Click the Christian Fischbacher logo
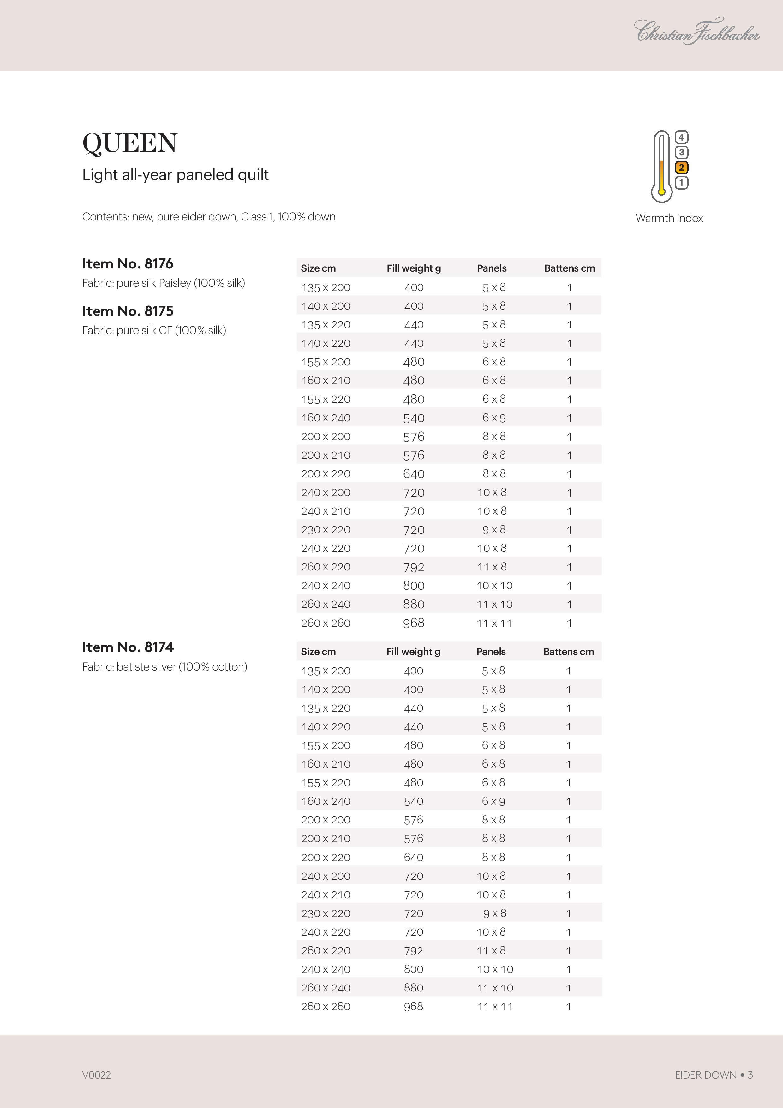point(696,32)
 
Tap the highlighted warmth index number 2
point(681,167)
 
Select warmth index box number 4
point(681,137)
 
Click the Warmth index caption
point(669,218)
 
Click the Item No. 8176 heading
point(128,263)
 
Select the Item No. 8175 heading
point(128,311)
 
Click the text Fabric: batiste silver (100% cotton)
point(164,666)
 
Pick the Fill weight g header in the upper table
point(414,268)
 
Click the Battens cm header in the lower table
point(568,652)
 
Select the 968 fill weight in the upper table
point(414,623)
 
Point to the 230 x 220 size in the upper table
point(326,530)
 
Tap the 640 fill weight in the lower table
point(414,857)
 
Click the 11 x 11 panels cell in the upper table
point(494,623)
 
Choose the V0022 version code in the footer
point(97,1075)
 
